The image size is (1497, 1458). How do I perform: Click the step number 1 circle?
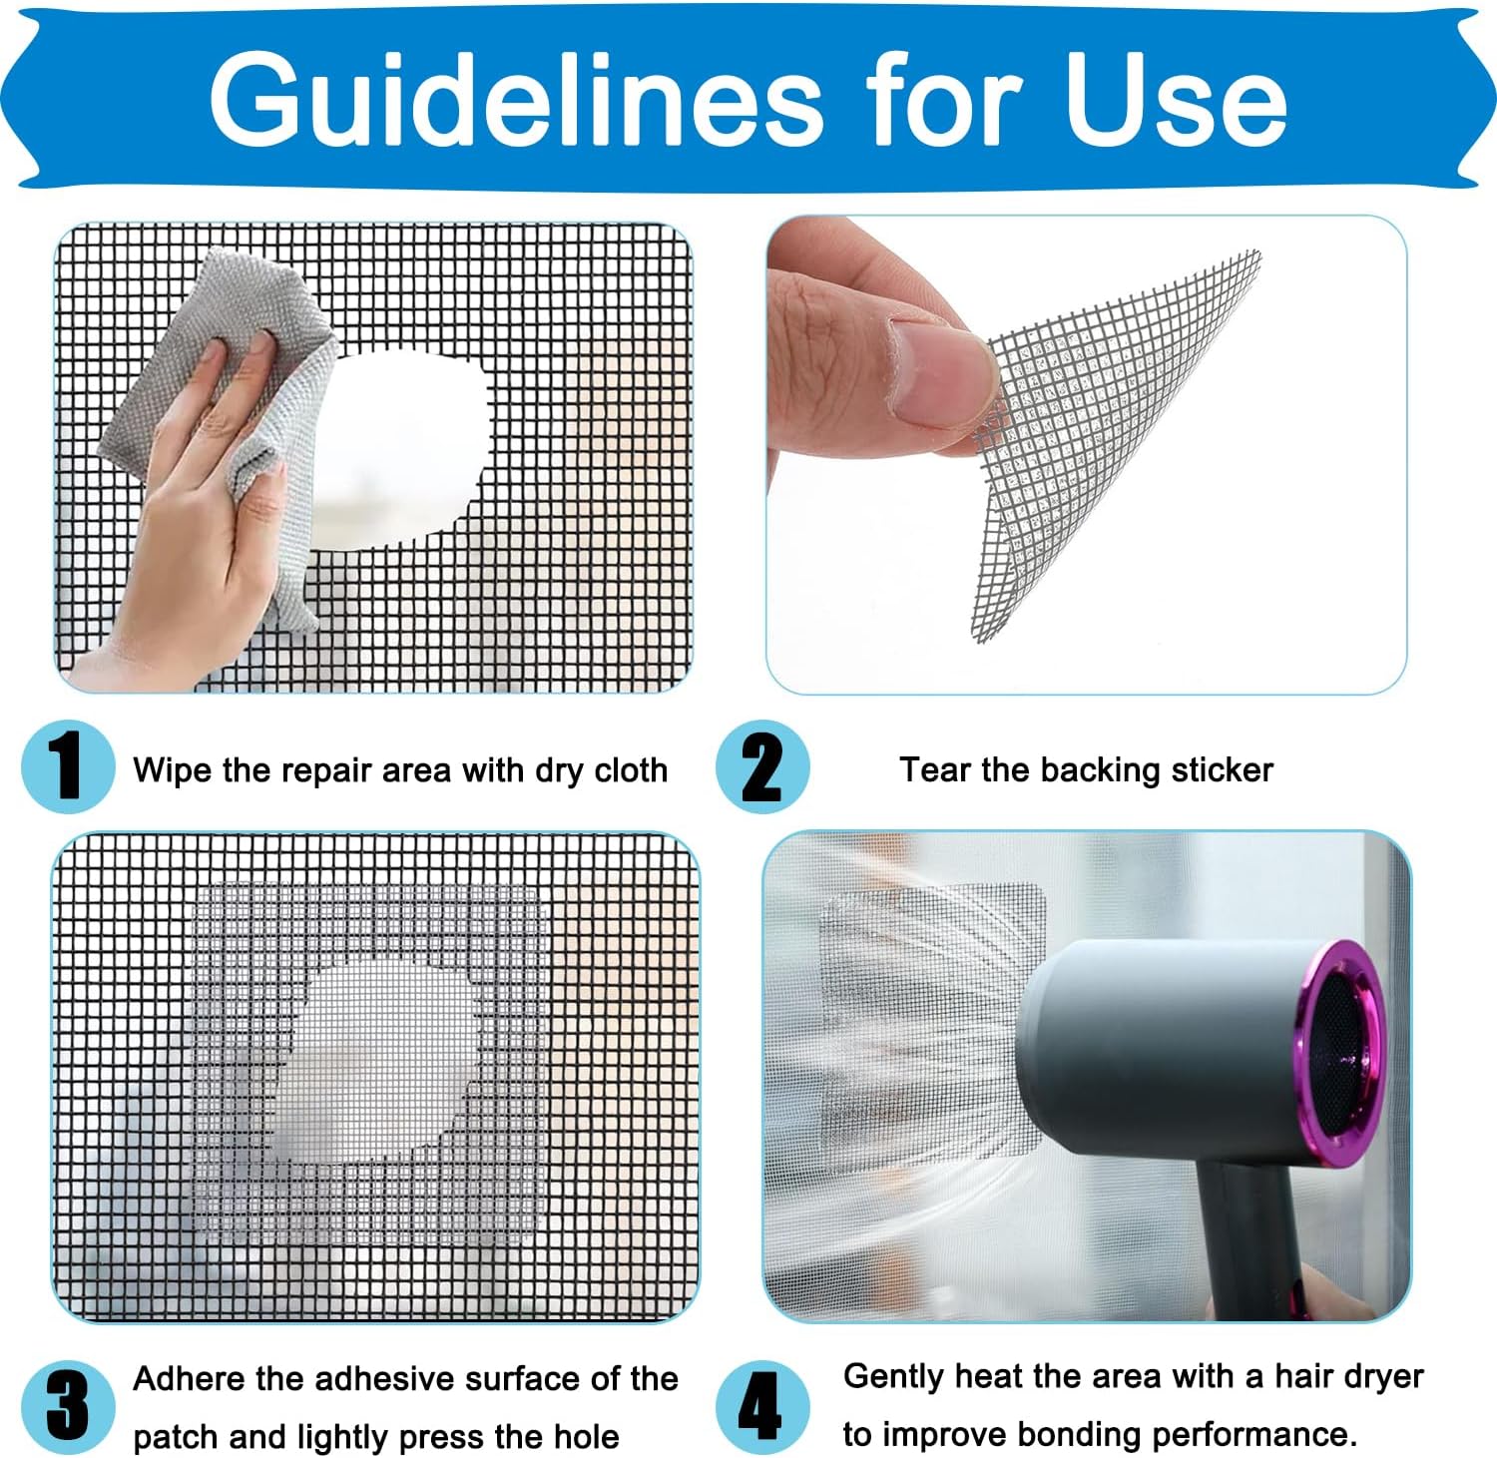68,766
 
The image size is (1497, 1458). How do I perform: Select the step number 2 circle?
762,766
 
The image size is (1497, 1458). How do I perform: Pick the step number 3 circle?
68,1407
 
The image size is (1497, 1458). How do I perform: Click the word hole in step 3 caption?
586,1437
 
